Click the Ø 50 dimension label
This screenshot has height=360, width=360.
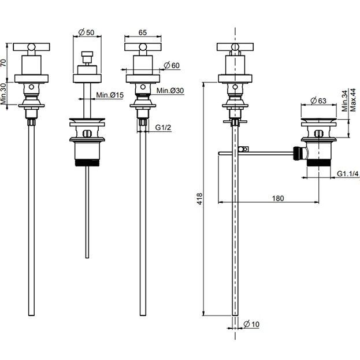point(86,32)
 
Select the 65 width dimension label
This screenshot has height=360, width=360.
point(142,32)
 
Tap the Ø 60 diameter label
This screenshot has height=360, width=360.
point(172,65)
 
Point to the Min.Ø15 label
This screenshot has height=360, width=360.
point(110,95)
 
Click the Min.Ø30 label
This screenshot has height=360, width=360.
point(170,91)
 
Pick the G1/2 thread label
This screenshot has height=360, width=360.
point(163,128)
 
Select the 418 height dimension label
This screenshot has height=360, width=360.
point(199,199)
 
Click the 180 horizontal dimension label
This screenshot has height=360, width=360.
point(278,198)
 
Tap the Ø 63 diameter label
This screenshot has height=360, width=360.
point(318,101)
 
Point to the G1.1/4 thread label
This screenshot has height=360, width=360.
point(347,174)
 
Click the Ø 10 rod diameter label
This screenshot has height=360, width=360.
point(251,324)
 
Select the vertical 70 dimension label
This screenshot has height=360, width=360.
point(3,62)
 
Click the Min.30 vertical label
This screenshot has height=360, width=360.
point(3,94)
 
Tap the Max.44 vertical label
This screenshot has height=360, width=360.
point(352,100)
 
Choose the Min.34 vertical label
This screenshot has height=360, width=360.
point(345,101)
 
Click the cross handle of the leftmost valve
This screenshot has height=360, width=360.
point(31,47)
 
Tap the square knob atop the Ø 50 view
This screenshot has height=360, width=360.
point(87,54)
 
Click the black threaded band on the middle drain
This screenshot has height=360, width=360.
point(87,163)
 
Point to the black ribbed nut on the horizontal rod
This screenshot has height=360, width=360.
point(297,152)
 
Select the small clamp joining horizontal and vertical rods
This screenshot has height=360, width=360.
point(243,149)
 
